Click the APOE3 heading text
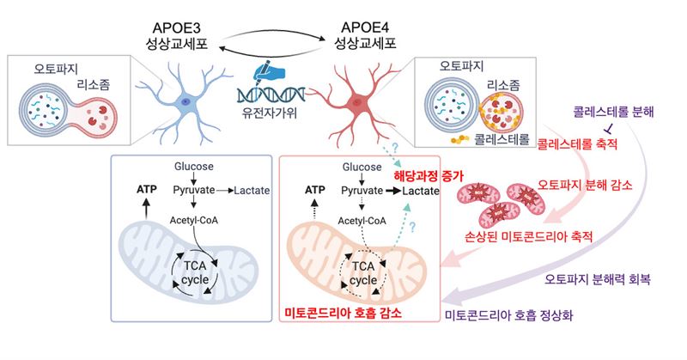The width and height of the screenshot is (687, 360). (x=177, y=27)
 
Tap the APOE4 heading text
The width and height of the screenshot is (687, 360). (x=366, y=27)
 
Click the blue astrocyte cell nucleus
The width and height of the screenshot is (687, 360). (x=185, y=101)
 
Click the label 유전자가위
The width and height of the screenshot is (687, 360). (x=270, y=113)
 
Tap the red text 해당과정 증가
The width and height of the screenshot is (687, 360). (x=429, y=175)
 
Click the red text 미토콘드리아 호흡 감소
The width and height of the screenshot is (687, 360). (x=343, y=313)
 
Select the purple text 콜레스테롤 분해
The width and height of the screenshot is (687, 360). (x=613, y=112)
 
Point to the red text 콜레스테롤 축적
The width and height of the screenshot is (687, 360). (x=577, y=143)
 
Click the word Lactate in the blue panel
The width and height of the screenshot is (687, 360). (x=252, y=190)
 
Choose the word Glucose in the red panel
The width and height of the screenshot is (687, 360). (x=362, y=167)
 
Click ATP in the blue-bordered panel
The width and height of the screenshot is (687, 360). (x=146, y=189)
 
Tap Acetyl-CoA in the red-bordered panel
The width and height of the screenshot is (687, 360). (x=362, y=221)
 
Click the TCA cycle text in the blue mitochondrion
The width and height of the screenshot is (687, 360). (x=195, y=272)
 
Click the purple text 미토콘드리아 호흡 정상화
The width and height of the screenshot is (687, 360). (x=508, y=314)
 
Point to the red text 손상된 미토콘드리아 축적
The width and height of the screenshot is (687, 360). (x=528, y=237)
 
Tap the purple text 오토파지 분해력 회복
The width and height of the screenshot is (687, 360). (x=598, y=279)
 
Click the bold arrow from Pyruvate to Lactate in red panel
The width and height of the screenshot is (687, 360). (x=392, y=191)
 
